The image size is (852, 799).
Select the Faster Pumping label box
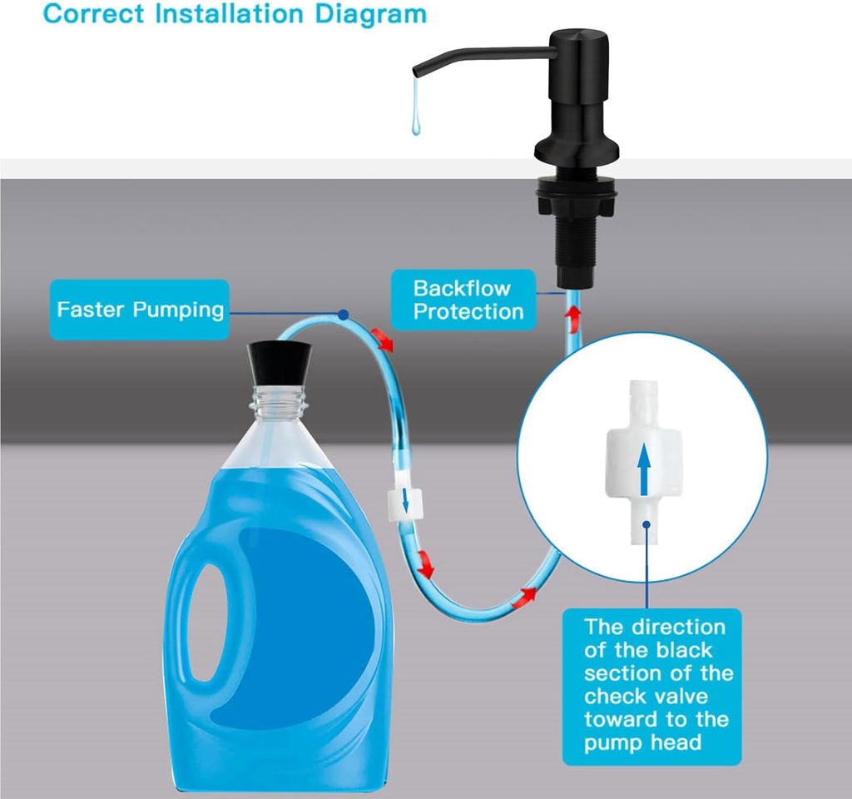140,310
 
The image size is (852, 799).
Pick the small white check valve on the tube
404,501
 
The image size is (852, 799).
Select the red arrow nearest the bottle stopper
383,339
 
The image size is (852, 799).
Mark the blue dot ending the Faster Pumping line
344,315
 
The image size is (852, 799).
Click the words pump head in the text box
642,742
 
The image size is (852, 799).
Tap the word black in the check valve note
676,649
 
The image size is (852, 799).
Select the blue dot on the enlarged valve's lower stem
647,524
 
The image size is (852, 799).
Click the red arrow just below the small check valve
425,565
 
